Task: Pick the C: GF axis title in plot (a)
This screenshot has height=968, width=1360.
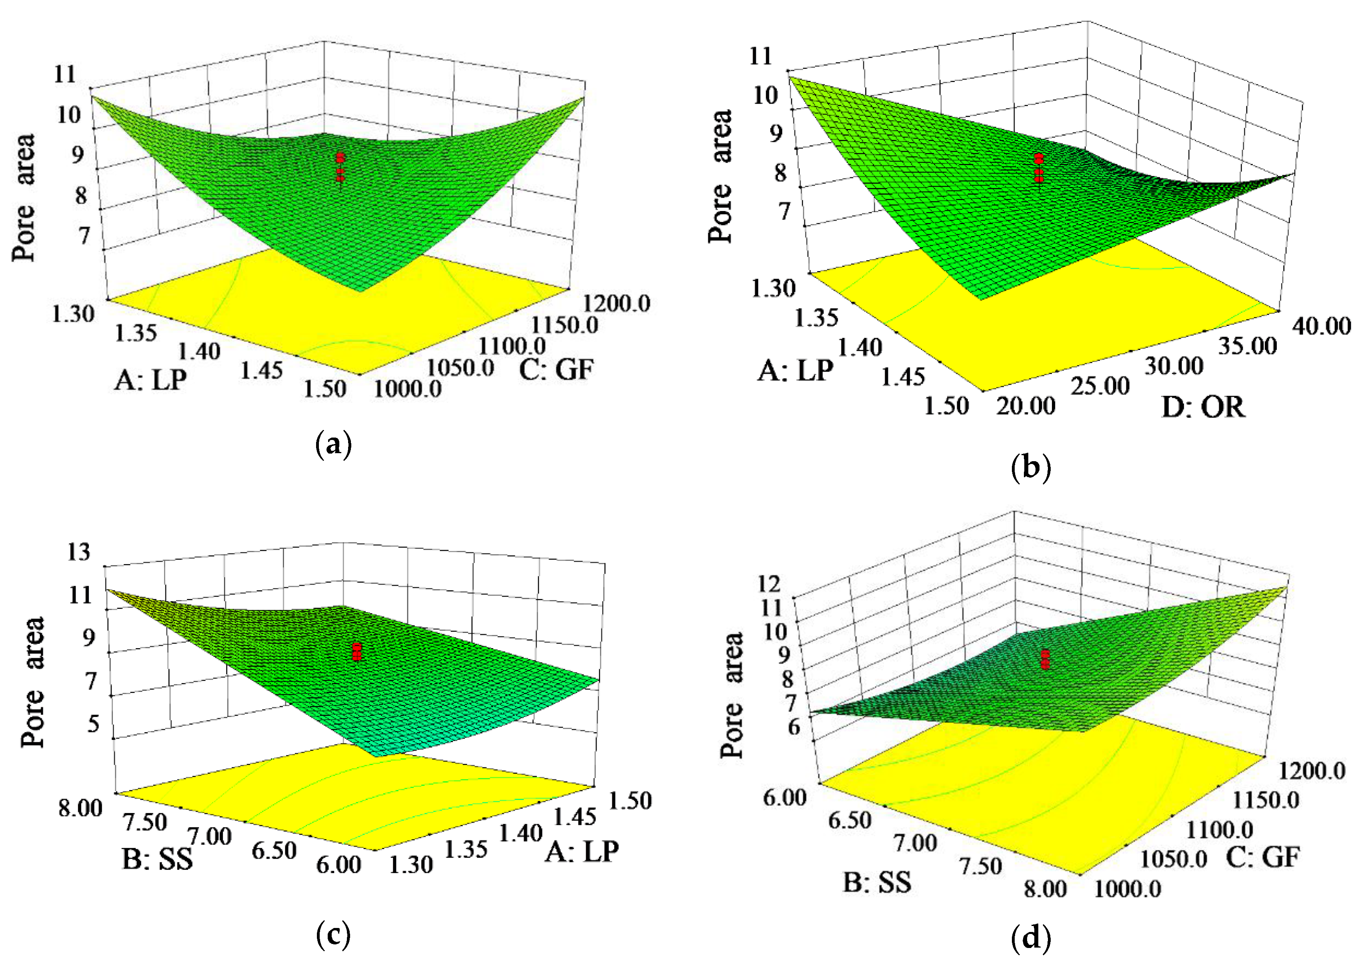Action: coord(557,370)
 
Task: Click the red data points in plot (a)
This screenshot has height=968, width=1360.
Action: coord(340,167)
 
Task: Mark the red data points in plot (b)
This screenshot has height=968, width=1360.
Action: coord(1039,167)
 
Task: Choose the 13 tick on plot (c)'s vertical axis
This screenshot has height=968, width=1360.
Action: coord(79,552)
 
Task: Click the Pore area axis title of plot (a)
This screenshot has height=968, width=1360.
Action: coord(25,197)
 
